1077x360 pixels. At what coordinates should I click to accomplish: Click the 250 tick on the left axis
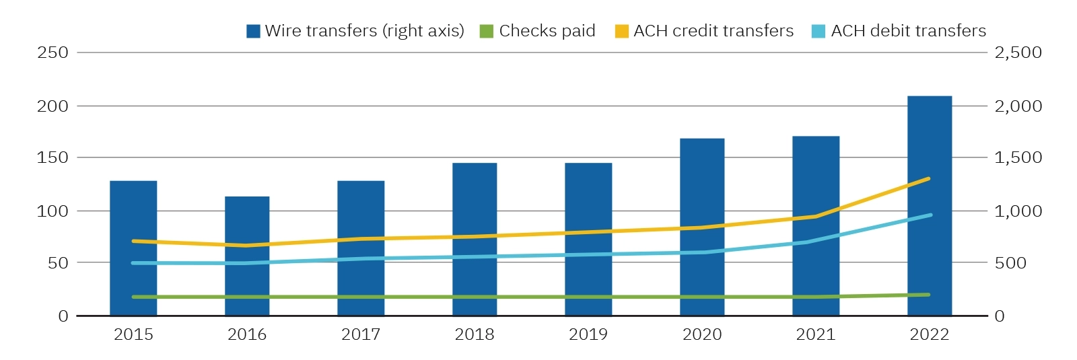[53, 52]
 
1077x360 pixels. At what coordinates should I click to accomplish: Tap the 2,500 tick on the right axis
[1018, 52]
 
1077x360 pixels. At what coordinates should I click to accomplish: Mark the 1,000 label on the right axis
[1018, 211]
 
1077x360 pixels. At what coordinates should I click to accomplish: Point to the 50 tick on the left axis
[58, 263]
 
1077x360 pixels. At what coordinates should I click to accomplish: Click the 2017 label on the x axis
[360, 334]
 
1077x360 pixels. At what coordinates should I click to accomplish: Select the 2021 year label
[815, 334]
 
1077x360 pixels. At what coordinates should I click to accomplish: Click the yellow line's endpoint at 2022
[928, 179]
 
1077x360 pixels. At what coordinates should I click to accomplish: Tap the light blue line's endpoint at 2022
[930, 215]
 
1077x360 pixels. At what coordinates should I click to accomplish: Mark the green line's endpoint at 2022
[928, 295]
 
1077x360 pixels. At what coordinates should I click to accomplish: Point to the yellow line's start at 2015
[134, 241]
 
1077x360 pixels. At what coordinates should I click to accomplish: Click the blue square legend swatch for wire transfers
[253, 31]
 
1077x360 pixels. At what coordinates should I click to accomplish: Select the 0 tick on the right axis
[1000, 316]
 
